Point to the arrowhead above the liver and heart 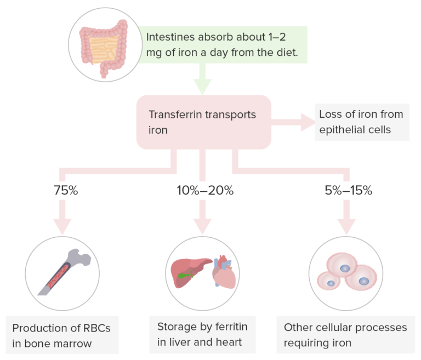tap(203, 225)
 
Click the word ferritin tap(229, 327)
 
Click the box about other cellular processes tap(345, 335)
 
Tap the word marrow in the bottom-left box tap(76, 344)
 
